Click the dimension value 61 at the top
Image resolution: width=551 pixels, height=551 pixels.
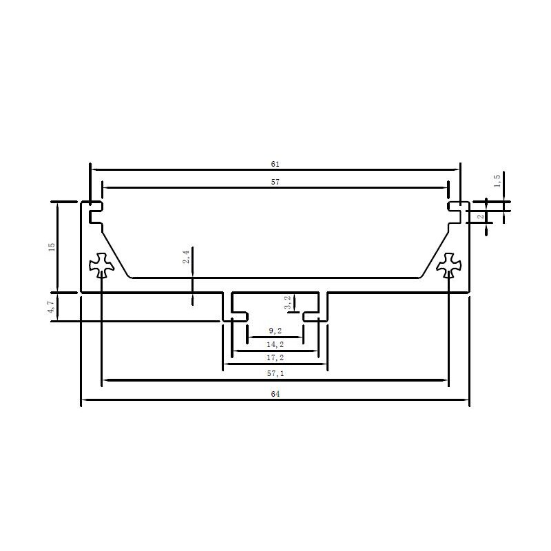(x=275, y=164)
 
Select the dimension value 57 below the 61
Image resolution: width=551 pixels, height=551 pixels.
(x=275, y=182)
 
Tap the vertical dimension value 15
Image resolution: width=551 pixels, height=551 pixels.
(x=51, y=247)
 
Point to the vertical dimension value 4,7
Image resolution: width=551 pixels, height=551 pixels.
(x=51, y=306)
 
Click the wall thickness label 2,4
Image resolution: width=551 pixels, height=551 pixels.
(x=186, y=258)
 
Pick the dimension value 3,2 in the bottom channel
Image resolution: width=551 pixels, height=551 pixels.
(x=288, y=302)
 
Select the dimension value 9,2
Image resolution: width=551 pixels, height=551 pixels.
(x=275, y=332)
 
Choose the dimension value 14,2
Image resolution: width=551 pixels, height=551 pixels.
(x=275, y=344)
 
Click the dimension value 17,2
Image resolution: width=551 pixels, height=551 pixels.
(x=275, y=358)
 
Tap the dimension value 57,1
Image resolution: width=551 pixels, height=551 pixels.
(x=275, y=373)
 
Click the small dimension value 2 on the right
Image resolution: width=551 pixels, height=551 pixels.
(x=481, y=216)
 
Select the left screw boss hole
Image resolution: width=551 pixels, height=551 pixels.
(x=101, y=265)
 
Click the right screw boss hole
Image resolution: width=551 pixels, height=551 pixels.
(x=449, y=265)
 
